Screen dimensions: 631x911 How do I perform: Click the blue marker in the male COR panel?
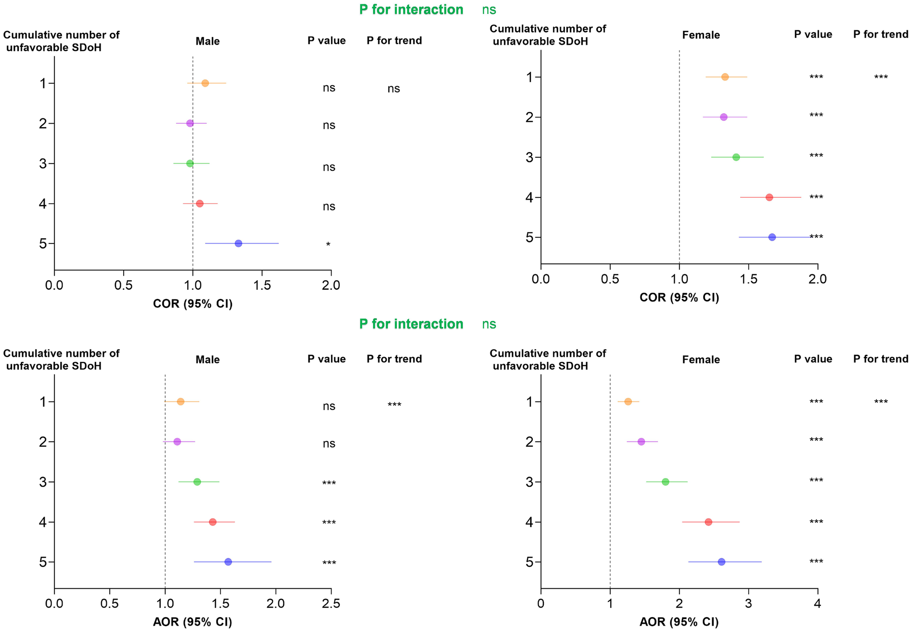[238, 244]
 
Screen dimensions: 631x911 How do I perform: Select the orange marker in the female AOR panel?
[628, 401]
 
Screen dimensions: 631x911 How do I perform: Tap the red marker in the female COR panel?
[769, 197]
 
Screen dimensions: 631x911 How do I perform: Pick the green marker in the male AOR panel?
[197, 482]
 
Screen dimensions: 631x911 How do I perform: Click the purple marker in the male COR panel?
[190, 123]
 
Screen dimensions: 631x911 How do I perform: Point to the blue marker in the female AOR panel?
[721, 562]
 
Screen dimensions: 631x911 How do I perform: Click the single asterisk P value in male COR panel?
[328, 245]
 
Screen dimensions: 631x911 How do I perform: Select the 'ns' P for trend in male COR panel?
[394, 89]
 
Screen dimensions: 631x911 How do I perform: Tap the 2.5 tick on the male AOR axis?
[331, 604]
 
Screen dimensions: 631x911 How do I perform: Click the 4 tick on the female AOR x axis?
[818, 604]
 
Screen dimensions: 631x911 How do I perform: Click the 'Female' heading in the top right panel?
[701, 35]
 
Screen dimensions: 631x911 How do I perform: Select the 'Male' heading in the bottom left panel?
[207, 360]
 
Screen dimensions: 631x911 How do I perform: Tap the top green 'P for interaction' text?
[411, 10]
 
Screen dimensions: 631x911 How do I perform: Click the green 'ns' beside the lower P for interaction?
[489, 324]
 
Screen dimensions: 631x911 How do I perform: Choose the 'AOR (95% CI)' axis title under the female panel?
[679, 622]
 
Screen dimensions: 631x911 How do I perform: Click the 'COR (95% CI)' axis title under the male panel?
[192, 304]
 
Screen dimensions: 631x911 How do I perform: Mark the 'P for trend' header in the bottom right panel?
[881, 359]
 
